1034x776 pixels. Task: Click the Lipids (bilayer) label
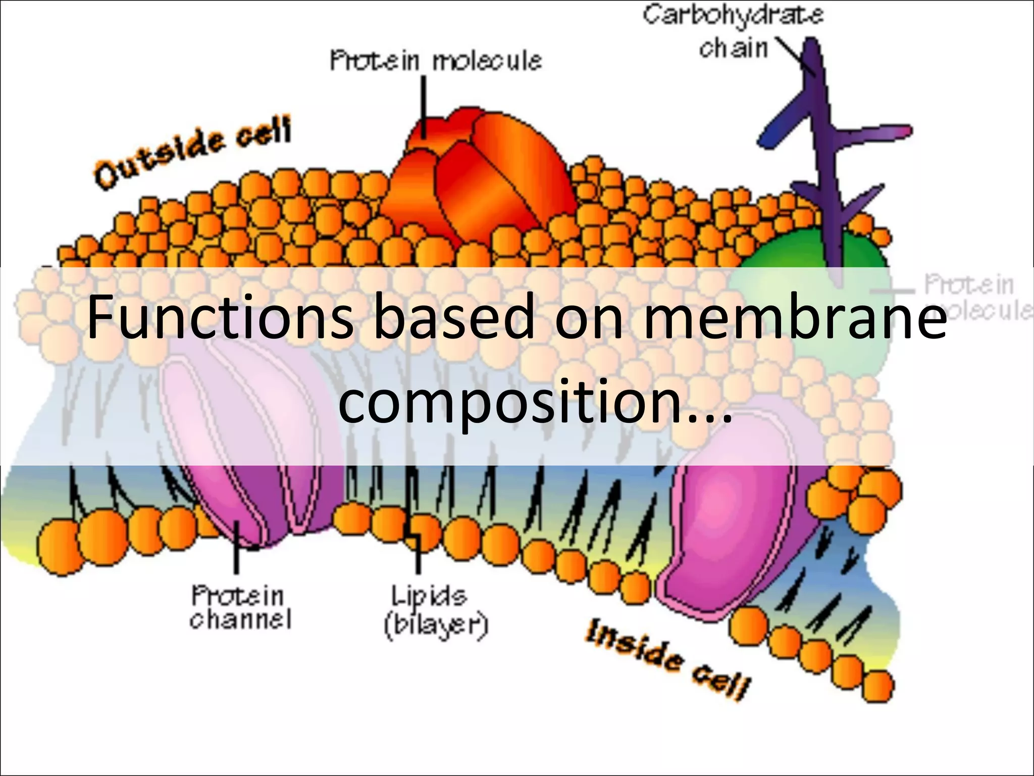point(435,612)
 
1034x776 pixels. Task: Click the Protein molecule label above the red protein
point(435,61)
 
